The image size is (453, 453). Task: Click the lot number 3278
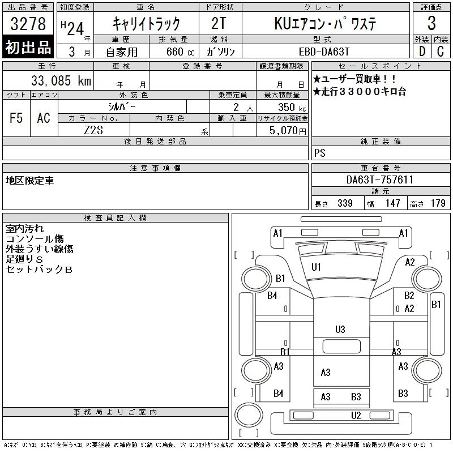click(x=28, y=24)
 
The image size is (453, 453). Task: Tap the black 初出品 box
click(x=28, y=47)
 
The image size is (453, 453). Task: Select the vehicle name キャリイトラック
click(x=146, y=24)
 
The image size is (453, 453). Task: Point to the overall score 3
click(x=431, y=23)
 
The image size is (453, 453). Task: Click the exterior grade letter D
click(x=422, y=52)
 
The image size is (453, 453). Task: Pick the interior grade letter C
click(x=441, y=52)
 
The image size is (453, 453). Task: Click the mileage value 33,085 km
click(x=61, y=80)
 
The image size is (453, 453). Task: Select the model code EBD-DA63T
click(x=324, y=52)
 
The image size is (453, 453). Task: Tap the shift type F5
click(x=16, y=118)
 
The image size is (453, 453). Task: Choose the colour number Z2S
click(x=93, y=130)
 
